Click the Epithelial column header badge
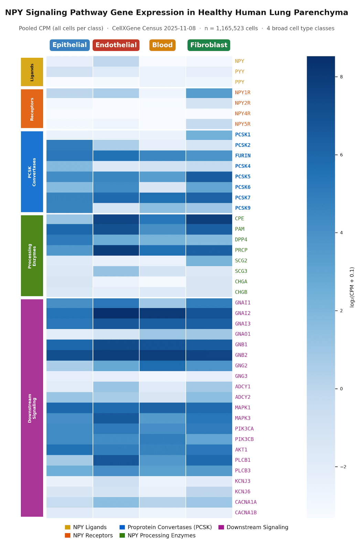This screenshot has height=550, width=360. point(69,45)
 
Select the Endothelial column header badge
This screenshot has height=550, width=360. point(116,45)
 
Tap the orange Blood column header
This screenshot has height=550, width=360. point(162,45)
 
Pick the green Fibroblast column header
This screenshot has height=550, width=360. point(209,45)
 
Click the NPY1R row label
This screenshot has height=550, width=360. point(242,92)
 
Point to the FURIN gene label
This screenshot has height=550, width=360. point(242,156)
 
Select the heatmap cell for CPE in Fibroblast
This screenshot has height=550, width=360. point(209,219)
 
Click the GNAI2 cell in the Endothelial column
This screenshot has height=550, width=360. point(116,313)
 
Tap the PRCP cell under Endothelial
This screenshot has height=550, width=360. point(116,250)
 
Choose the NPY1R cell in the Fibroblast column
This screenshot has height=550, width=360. point(209,92)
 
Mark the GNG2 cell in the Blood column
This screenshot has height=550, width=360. point(162,366)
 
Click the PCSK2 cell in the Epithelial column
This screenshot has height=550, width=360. point(69,145)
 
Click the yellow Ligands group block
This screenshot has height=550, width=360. point(32,72)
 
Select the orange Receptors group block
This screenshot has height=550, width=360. point(32,109)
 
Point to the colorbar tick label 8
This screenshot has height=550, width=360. point(341,77)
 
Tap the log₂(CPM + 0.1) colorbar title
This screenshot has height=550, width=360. point(352,287)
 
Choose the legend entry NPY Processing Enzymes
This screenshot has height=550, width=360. point(161,536)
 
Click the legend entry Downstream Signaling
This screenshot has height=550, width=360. point(257,527)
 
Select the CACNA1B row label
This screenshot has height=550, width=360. point(246,513)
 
